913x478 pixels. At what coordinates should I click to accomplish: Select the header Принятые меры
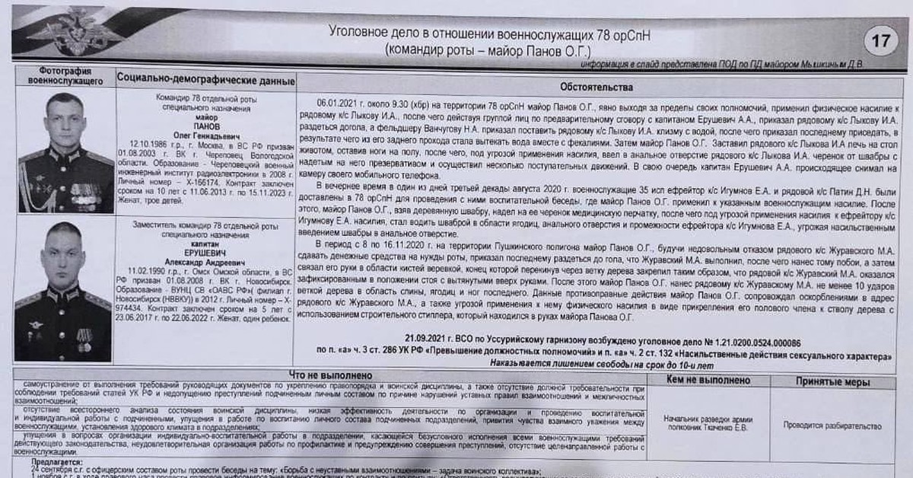click(x=832, y=382)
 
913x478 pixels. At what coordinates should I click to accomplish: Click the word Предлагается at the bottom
click(x=59, y=462)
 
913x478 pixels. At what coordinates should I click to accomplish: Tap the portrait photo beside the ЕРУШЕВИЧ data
click(x=63, y=290)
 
